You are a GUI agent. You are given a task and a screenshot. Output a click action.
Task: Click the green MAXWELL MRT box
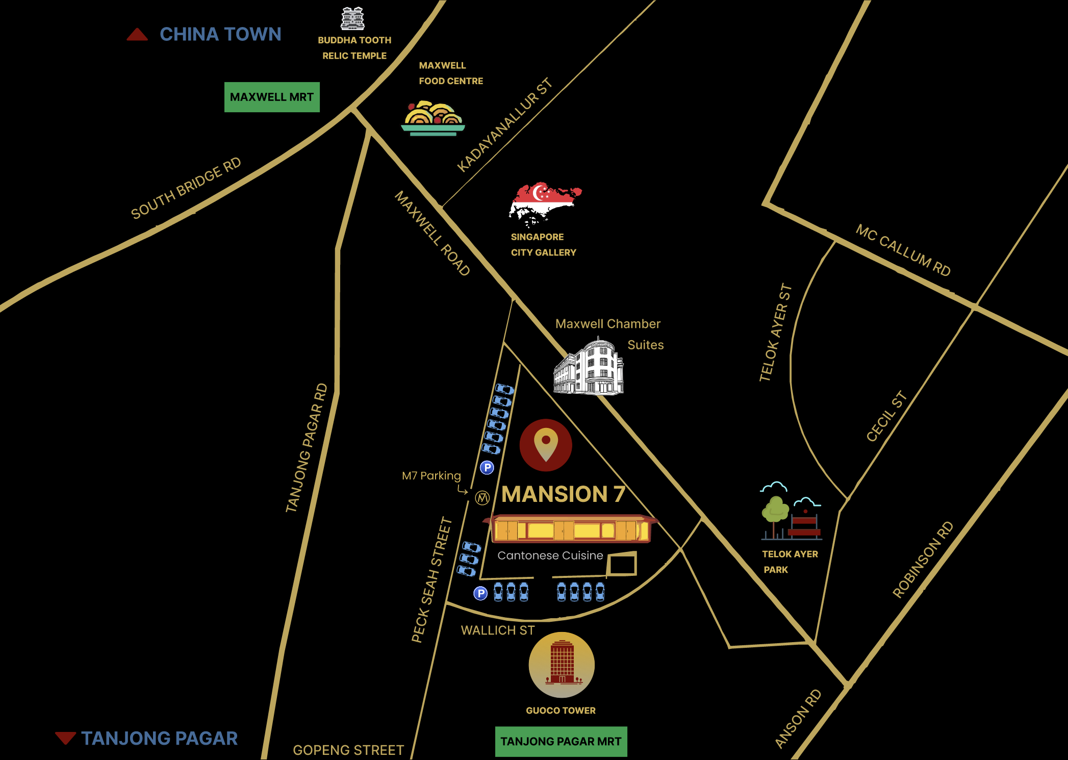point(272,97)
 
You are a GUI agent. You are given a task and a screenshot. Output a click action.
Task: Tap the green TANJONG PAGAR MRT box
point(561,741)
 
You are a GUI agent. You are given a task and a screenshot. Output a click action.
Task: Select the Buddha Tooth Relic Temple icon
point(352,19)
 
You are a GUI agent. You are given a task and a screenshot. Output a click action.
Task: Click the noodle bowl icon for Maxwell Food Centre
point(433,118)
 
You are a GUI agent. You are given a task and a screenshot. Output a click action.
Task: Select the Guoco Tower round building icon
point(562,665)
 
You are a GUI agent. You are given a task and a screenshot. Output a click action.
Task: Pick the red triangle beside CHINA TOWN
point(137,35)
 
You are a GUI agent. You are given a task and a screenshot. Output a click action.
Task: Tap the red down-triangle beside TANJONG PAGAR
point(65,738)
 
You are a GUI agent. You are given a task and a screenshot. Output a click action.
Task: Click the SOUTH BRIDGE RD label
point(186,188)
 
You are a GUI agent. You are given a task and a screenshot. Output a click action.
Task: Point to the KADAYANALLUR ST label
point(504,125)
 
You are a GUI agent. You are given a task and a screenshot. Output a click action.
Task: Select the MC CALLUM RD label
point(903,250)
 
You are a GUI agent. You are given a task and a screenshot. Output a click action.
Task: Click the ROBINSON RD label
point(923,560)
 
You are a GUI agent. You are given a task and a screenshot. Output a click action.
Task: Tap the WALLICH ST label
point(498,630)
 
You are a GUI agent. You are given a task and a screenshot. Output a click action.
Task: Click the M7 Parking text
point(431,476)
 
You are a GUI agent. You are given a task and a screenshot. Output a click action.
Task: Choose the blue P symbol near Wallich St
point(480,593)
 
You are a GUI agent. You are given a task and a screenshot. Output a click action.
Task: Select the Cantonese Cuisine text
point(550,555)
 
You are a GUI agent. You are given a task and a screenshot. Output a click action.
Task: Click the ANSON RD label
point(798,719)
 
